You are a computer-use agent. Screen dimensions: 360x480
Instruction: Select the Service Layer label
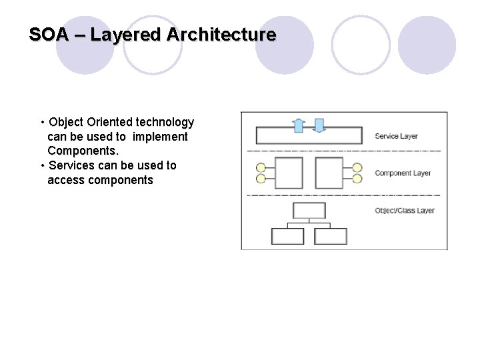[x=396, y=137]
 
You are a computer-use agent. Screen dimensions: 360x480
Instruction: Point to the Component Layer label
[x=403, y=173]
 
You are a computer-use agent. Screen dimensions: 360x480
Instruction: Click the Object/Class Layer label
[x=405, y=211]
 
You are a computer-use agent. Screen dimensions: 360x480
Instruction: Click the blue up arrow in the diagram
[x=299, y=125]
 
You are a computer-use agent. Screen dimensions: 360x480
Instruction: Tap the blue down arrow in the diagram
[x=319, y=125]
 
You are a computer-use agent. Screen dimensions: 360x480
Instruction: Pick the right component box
[x=328, y=173]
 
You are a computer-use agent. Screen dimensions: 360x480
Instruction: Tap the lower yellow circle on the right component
[x=357, y=179]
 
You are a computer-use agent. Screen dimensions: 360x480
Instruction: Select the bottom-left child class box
[x=287, y=236]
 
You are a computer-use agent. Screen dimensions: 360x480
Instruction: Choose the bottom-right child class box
[x=331, y=236]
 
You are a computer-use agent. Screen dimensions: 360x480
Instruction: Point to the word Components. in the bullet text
[x=83, y=151]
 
